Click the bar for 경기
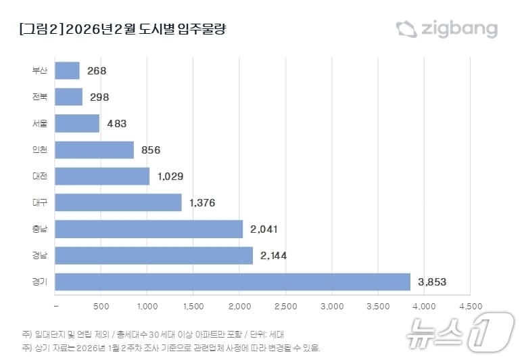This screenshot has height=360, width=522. pyautogui.click(x=233, y=282)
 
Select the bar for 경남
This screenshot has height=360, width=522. pyautogui.click(x=153, y=255)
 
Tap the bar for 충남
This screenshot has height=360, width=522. pyautogui.click(x=149, y=229)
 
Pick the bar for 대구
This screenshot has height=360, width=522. pyautogui.click(x=118, y=202)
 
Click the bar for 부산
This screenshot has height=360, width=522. pyautogui.click(x=67, y=70)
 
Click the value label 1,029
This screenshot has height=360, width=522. pyautogui.click(x=170, y=177)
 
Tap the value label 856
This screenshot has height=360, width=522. pyautogui.click(x=151, y=150)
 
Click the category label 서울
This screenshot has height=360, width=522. pyautogui.click(x=40, y=124)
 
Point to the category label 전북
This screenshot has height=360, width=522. pyautogui.click(x=40, y=97)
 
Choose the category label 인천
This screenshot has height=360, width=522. pyautogui.click(x=40, y=150)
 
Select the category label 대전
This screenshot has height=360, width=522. pyautogui.click(x=40, y=177)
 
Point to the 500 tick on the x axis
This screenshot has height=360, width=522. pyautogui.click(x=101, y=307)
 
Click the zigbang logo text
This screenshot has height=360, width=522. pyautogui.click(x=459, y=29)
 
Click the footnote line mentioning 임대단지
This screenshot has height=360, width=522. pyautogui.click(x=153, y=334)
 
